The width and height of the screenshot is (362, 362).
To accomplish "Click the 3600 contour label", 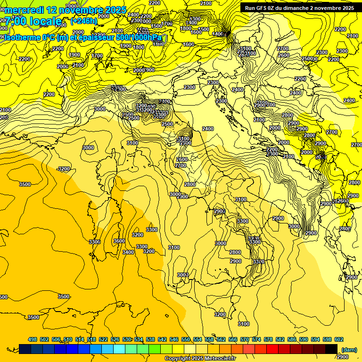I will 119,241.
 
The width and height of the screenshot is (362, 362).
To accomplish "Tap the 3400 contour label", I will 128,252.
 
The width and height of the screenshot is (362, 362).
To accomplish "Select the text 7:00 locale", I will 33,21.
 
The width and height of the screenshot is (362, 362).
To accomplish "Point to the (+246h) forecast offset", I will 83,21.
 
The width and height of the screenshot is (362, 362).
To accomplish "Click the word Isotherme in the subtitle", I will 21,37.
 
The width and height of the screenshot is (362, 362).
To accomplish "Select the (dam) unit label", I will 348,349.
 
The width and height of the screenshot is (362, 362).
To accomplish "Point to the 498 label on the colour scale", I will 33,339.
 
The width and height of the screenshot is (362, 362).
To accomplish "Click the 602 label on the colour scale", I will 338,339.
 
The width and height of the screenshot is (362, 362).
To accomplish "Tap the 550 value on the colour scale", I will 186,339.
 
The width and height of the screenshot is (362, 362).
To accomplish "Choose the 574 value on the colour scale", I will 256,339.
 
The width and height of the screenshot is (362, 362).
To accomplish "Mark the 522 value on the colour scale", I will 103,339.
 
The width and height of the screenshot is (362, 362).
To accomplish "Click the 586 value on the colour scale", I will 292,339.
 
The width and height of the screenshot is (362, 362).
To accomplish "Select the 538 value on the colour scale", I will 150,339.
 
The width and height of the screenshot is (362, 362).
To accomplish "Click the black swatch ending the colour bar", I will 331,349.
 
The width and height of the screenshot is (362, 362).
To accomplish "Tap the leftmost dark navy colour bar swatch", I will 25,349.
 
